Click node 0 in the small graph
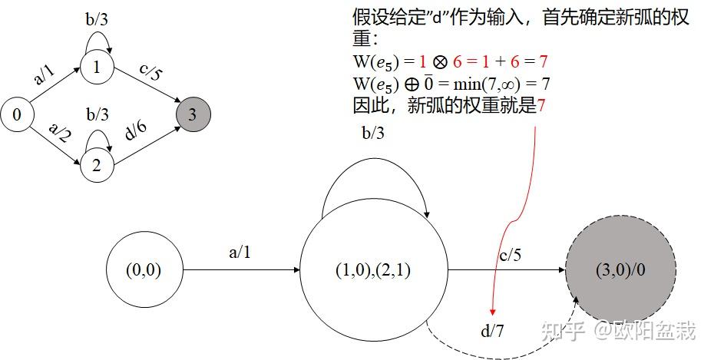click(x=17, y=115)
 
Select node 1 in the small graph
click(x=96, y=68)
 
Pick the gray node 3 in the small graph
click(x=193, y=114)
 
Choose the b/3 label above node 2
click(x=98, y=114)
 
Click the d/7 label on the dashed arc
click(x=492, y=330)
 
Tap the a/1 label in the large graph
click(x=240, y=252)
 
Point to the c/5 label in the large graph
click(x=510, y=256)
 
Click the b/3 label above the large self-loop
click(x=373, y=133)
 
